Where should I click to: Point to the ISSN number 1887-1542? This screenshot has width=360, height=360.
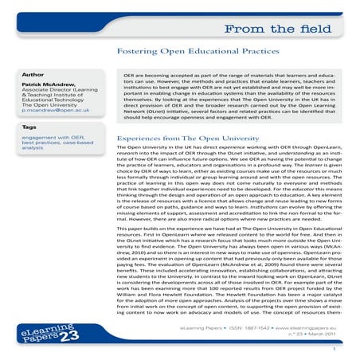point(242,327)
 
